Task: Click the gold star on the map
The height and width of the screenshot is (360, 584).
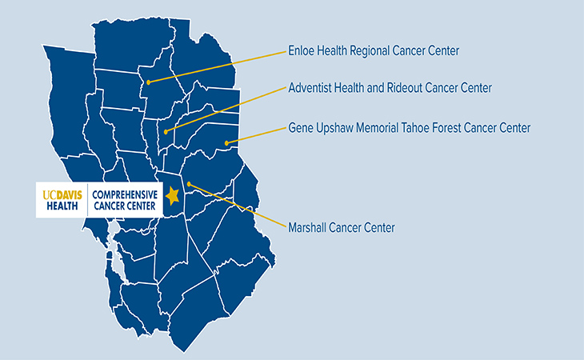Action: coord(171,194)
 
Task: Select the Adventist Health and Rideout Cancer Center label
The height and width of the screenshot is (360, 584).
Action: coord(390,87)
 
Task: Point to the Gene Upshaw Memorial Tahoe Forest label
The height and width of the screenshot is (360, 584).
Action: coord(409,127)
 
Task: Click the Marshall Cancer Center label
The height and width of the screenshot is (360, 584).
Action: coord(341,228)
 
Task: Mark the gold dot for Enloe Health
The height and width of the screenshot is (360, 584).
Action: coord(149,82)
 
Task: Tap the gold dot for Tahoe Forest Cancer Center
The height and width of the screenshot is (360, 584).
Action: coord(226,143)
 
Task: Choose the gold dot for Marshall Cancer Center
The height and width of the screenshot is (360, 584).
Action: coord(189,185)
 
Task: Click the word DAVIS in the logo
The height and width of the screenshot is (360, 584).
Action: coord(67,194)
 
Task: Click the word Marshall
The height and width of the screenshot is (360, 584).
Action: coord(308,228)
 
